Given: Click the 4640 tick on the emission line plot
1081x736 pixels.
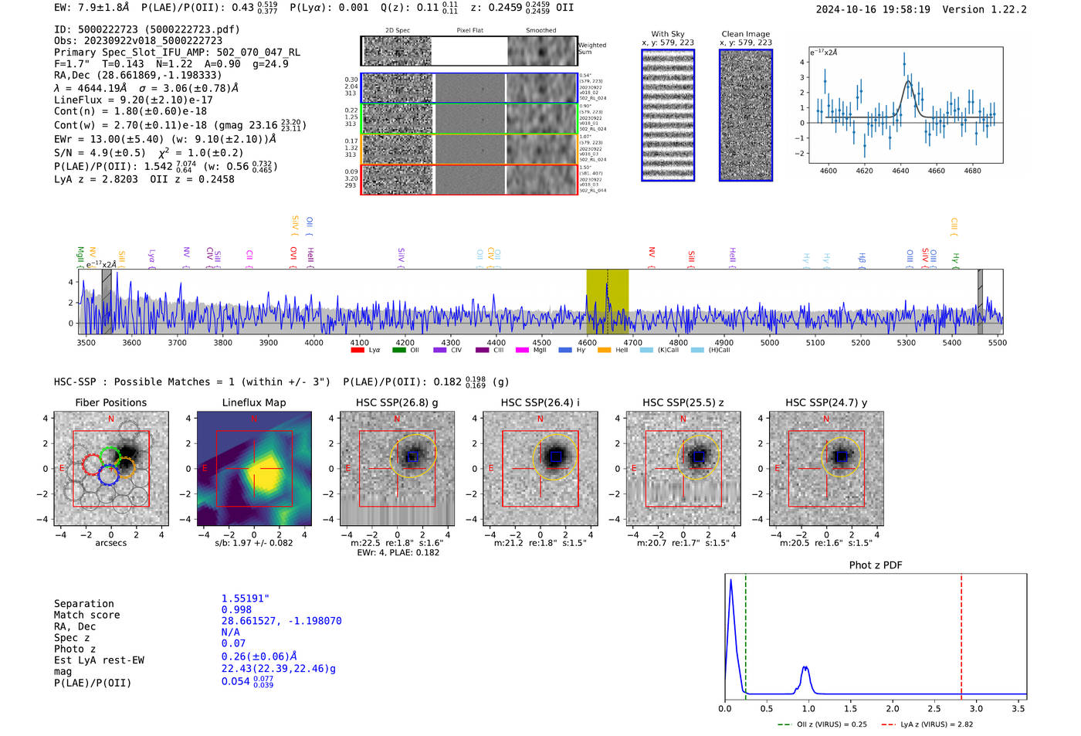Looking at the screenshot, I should coord(900,171).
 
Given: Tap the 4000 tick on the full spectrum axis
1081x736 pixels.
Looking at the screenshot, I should coord(313,342).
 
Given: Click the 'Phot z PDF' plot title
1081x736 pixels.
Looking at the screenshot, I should coord(876,565).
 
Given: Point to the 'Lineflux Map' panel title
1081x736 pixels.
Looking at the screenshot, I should coord(253,402).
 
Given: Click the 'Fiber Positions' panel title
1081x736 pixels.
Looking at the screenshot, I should coord(110,402).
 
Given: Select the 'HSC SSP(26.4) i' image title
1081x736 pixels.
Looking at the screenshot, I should coord(540,402).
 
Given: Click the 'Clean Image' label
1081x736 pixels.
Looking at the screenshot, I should coord(745,34).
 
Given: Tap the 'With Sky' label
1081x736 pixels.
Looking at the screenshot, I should coord(667,34).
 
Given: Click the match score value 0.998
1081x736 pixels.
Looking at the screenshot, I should coord(236,609).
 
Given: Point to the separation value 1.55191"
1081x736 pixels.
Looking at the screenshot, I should coord(246,599).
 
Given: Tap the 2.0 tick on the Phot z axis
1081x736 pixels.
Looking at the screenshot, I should coord(893,708).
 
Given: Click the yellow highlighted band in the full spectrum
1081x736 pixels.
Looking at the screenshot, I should coord(607,301).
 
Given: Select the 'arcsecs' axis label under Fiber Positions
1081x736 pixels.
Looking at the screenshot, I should coord(110,543).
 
